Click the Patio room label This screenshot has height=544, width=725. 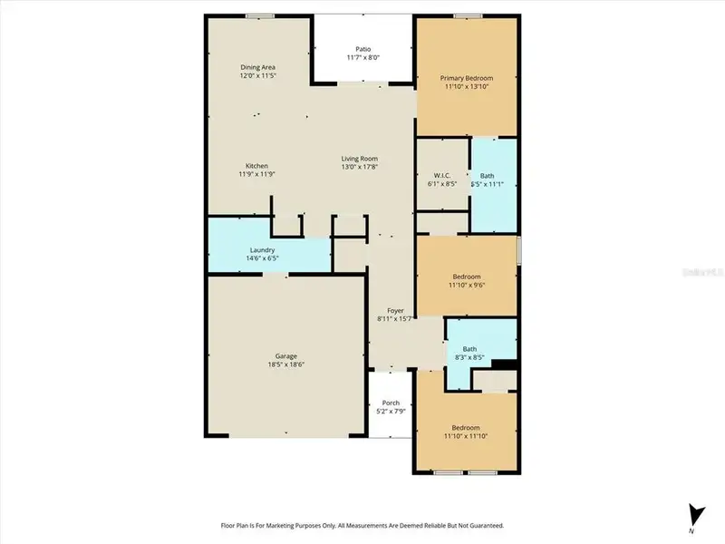[362, 49]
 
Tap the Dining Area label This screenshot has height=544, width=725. [257, 67]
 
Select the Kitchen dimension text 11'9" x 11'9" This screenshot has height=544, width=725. [257, 174]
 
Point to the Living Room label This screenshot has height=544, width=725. [359, 159]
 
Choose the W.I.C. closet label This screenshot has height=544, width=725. [442, 175]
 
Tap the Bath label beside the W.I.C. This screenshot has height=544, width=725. [487, 175]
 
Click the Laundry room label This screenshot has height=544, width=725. [262, 250]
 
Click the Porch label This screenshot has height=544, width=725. [391, 403]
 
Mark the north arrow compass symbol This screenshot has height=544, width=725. [694, 515]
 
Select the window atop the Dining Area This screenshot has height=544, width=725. [260, 15]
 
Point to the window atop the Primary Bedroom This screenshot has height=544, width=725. [468, 15]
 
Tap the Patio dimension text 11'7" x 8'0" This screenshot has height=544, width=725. [362, 58]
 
